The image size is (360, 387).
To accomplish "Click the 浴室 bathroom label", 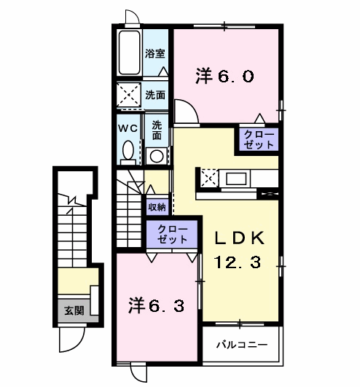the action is coord(154,53).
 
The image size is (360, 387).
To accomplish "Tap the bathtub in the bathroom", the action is coord(129,52).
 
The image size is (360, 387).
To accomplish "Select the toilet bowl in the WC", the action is coord(128,149).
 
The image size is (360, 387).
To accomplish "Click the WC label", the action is coord(128,128).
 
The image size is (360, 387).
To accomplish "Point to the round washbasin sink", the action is coord(157,156).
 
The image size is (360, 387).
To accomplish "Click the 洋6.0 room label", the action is coord(224,76).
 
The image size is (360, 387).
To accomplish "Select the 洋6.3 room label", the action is coord(156,305).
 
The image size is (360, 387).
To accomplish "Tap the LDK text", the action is coord(239,238).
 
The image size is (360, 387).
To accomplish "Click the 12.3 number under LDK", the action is coord(238,262).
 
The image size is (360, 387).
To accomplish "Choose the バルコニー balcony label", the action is coord(242,344).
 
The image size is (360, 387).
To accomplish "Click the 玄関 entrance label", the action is coord(74,310).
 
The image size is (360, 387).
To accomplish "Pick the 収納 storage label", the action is coord(157,207).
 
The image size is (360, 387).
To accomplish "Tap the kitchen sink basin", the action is coord(236,179).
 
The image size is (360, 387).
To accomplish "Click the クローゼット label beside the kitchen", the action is coord(259,140).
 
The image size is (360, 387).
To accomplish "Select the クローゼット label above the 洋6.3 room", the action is coord(173,235).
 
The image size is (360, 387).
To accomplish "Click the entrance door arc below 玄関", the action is coord(77,343).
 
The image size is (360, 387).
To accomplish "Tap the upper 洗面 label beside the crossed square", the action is coord(155,95).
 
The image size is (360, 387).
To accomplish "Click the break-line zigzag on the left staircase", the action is coord(72,200).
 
